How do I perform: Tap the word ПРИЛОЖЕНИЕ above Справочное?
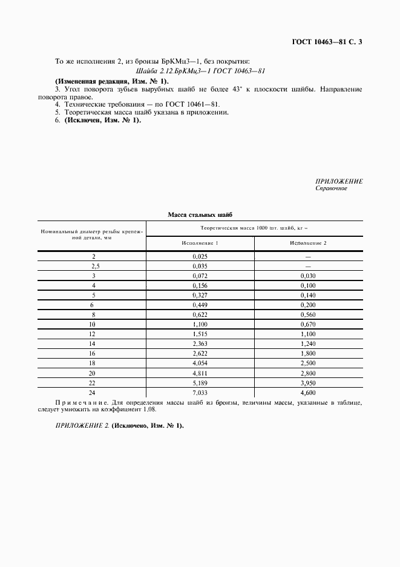click(x=339, y=181)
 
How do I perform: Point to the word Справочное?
click(x=331, y=188)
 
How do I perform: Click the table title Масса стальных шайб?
click(x=200, y=214)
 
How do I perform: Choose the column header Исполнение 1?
click(x=200, y=243)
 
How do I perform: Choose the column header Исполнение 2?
click(x=308, y=243)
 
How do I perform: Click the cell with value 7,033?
click(x=200, y=393)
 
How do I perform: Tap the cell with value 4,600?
click(x=308, y=393)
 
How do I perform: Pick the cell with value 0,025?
click(x=200, y=256)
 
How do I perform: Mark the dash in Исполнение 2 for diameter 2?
click(x=308, y=256)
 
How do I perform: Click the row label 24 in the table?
click(x=93, y=393)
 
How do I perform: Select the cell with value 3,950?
click(x=308, y=383)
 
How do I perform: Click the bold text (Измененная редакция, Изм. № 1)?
click(x=112, y=81)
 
